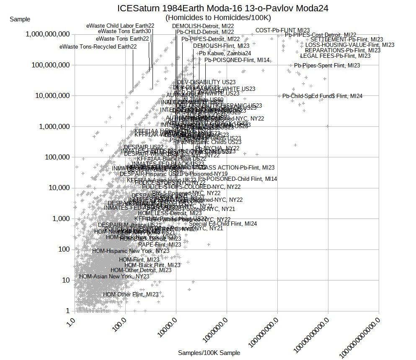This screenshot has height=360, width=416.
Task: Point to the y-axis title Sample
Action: (20, 19)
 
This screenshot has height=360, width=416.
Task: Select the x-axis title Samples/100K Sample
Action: (209, 353)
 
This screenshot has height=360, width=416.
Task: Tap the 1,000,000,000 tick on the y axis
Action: (47, 34)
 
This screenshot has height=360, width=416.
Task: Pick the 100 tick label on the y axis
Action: (64, 249)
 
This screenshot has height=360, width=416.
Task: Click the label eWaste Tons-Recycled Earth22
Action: (98, 46)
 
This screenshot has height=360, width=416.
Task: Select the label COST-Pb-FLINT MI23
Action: (282, 30)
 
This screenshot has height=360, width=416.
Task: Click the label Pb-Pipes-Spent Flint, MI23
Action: (327, 65)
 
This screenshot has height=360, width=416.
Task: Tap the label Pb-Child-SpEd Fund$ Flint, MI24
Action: (322, 96)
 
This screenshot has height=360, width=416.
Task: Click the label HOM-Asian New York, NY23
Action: (114, 276)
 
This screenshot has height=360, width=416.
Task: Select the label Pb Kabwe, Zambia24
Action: (225, 53)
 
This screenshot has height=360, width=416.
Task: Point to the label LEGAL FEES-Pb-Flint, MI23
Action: (335, 56)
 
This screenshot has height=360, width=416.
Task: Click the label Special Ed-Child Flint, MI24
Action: (223, 224)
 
